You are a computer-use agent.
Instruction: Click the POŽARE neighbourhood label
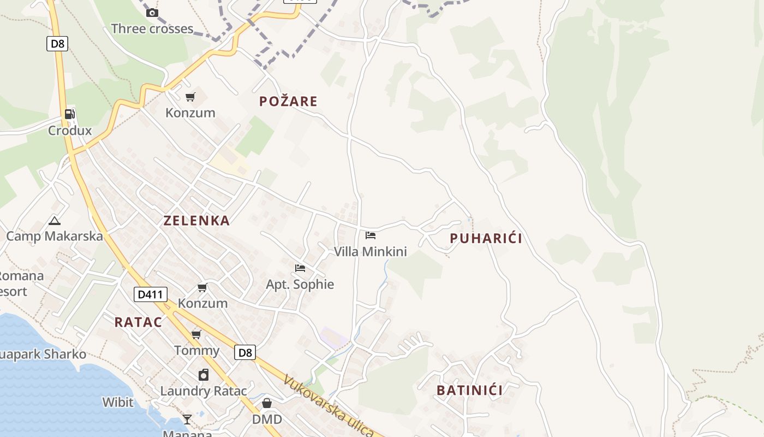pos(288,101)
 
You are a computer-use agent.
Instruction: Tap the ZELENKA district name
pos(196,221)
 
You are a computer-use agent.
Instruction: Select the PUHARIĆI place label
pos(486,238)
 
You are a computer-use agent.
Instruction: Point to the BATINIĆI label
pos(469,390)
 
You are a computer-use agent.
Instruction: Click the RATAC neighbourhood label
pos(138,322)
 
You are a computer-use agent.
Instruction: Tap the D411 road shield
pos(150,294)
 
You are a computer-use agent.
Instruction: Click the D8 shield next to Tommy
pos(245,352)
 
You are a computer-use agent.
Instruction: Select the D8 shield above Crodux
pos(57,44)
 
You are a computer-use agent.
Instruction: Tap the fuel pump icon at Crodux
pos(70,114)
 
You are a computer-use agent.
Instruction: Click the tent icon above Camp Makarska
pos(54,221)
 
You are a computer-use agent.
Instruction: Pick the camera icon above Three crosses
pos(152,13)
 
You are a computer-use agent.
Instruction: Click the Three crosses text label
pos(152,29)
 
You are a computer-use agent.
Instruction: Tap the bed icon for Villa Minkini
pos(371,235)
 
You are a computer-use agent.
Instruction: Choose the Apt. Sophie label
pos(300,284)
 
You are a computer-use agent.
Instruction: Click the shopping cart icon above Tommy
pos(196,334)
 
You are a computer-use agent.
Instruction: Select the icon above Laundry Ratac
pos(204,375)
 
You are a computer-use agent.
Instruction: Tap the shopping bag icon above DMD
pos(267,403)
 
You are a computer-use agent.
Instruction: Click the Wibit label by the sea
pos(118,403)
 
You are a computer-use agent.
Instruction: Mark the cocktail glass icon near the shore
pos(187,419)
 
